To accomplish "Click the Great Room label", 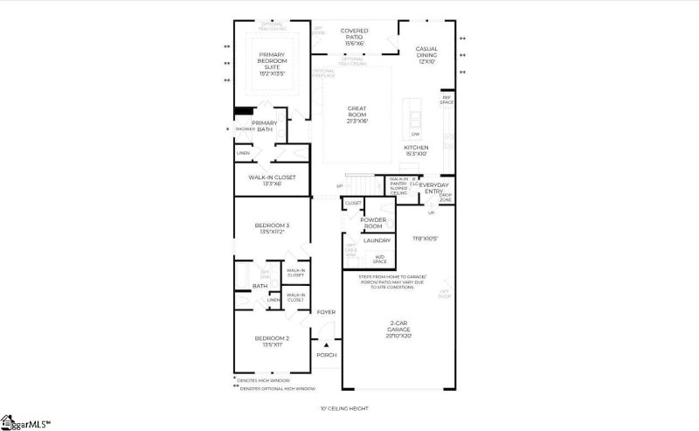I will tap(356, 115).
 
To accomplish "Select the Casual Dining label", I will tap(426, 55).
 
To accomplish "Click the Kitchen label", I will tap(416, 151).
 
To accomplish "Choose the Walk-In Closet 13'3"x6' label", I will tap(271, 180).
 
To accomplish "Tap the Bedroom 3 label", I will tap(272, 228).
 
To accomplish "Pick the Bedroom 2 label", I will tap(272, 341).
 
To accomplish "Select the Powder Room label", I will tap(373, 223).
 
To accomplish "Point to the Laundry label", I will tap(377, 240).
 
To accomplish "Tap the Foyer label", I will tap(326, 312).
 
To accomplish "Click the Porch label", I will tap(326, 355).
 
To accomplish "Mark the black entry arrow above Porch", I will tap(328, 345).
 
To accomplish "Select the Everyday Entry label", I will tap(434, 188).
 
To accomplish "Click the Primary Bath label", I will tap(265, 126).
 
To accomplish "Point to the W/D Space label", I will tap(380, 259).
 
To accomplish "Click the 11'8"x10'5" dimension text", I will tap(426, 239).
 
